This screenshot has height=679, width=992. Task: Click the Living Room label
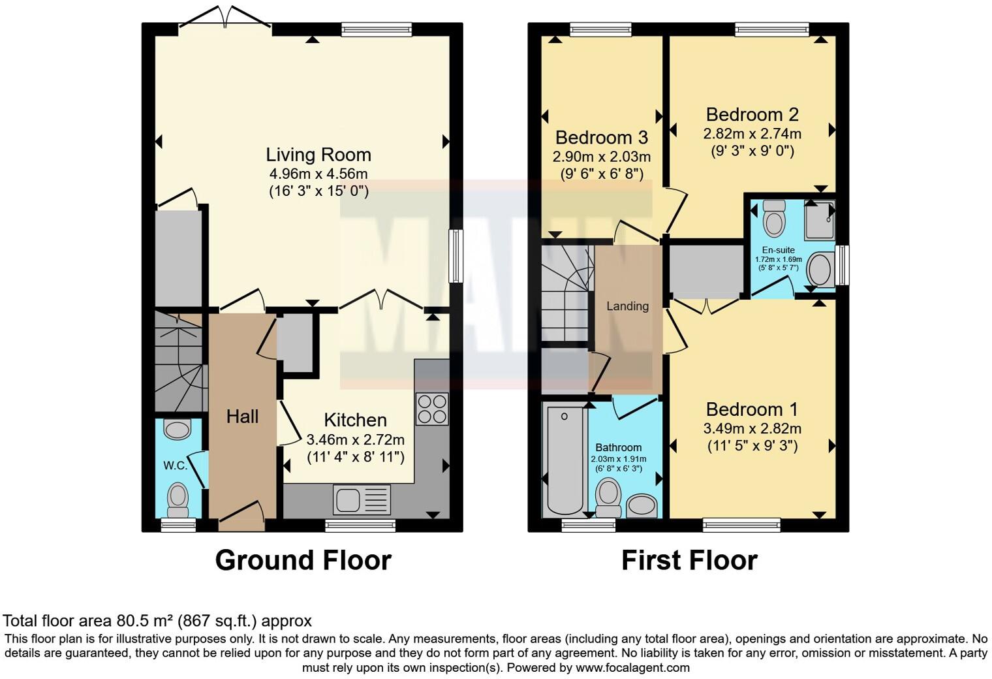tap(318, 155)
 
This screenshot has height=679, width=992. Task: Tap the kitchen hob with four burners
tap(432, 409)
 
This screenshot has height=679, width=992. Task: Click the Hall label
tap(242, 417)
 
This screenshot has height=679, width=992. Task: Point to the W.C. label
tap(175, 466)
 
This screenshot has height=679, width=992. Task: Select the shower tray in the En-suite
tap(819, 219)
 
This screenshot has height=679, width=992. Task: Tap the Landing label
tap(627, 306)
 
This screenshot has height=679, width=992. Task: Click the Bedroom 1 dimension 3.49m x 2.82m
tap(752, 429)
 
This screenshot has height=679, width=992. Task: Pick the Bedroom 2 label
tap(752, 115)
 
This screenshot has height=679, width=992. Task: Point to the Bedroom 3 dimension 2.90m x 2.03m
tap(601, 157)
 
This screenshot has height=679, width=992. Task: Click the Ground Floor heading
tap(303, 560)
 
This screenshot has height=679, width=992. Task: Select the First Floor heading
tap(689, 560)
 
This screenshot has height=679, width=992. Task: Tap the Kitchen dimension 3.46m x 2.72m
tap(356, 439)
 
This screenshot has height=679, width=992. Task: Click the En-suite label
tap(778, 250)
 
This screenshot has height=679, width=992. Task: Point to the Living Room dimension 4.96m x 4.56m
tap(318, 174)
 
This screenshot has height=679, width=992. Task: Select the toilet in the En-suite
tap(774, 217)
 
